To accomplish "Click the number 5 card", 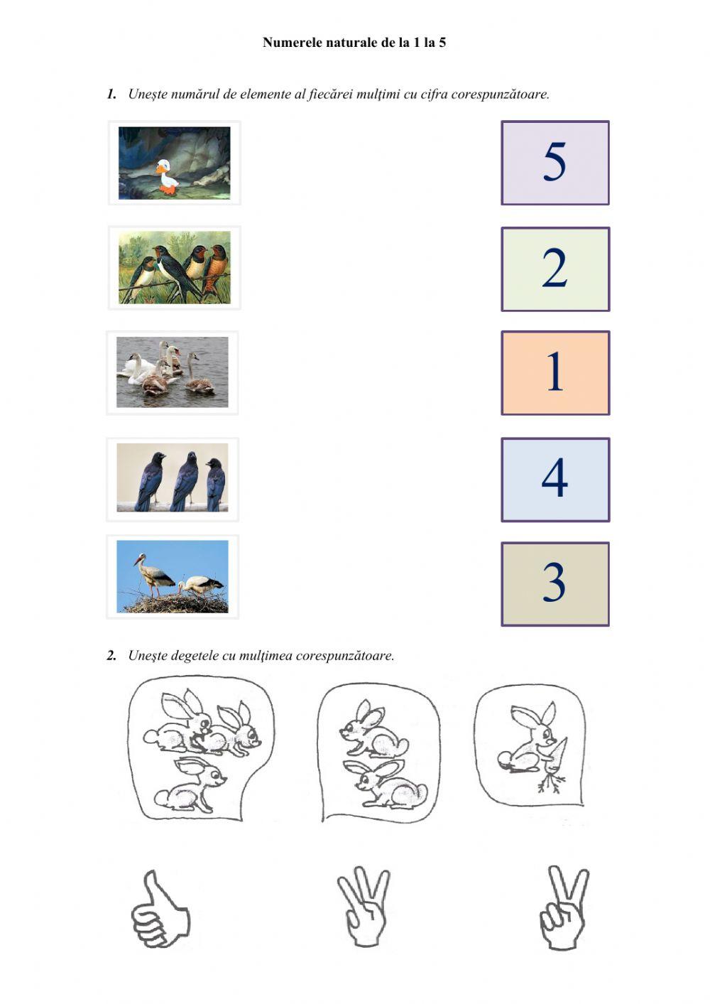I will tap(555, 163).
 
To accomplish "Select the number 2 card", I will tap(555, 269).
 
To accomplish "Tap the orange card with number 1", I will tap(555, 373).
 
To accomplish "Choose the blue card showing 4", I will tap(555, 480).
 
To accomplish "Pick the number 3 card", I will tap(555, 584).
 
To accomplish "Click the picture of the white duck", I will tap(174, 163).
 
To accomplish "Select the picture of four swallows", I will tap(174, 268).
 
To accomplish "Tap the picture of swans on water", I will tap(173, 372).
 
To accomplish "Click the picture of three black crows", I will tap(173, 478).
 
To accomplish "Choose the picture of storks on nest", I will tap(173, 577).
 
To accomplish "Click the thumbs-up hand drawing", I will tap(160, 909).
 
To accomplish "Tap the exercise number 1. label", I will tap(111, 94).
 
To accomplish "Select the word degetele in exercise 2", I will tap(197, 656).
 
